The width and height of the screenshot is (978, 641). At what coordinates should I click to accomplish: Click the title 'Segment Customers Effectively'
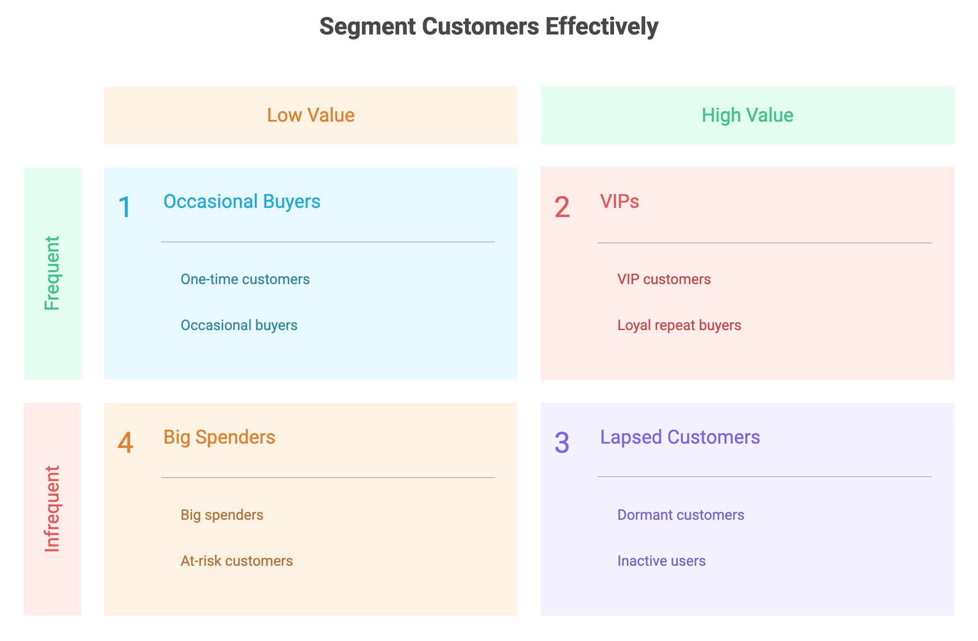pyautogui.click(x=489, y=27)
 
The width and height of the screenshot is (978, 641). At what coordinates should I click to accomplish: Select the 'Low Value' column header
pyautogui.click(x=311, y=115)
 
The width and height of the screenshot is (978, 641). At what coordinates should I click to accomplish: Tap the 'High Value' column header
pyautogui.click(x=747, y=115)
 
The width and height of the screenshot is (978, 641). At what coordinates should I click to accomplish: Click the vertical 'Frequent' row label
pyautogui.click(x=52, y=273)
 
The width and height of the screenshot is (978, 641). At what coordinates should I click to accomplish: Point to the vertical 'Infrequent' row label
pyautogui.click(x=52, y=509)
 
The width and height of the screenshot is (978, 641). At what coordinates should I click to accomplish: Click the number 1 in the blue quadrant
pyautogui.click(x=125, y=207)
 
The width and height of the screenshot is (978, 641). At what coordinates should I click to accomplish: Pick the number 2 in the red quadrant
pyautogui.click(x=562, y=207)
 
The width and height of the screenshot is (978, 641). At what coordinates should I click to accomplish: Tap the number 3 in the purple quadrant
pyautogui.click(x=562, y=443)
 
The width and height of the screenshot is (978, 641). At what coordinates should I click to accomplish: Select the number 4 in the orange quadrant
pyautogui.click(x=125, y=443)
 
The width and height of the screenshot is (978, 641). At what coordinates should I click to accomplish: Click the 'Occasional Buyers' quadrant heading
pyautogui.click(x=242, y=202)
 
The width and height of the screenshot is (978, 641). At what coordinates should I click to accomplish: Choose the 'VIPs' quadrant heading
pyautogui.click(x=619, y=202)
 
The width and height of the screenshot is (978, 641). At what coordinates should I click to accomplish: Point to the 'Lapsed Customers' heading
pyautogui.click(x=680, y=437)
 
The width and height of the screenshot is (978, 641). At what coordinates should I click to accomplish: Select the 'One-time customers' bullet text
pyautogui.click(x=245, y=279)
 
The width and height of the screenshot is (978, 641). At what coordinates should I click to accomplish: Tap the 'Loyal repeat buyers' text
pyautogui.click(x=679, y=326)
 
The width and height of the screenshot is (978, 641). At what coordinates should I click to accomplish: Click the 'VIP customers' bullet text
pyautogui.click(x=664, y=279)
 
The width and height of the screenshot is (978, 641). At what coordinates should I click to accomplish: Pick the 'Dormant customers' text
pyautogui.click(x=681, y=515)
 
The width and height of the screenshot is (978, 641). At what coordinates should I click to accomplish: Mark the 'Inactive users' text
pyautogui.click(x=661, y=561)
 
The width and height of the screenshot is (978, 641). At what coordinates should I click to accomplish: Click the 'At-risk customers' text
pyautogui.click(x=237, y=561)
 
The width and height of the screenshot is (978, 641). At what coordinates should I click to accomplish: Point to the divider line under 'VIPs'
pyautogui.click(x=765, y=243)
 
